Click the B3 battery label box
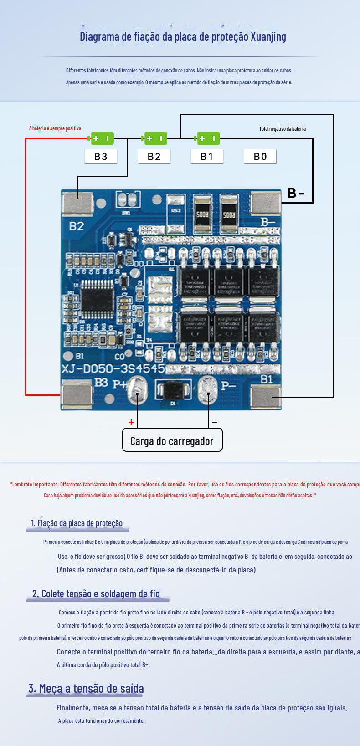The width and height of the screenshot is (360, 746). [101, 156]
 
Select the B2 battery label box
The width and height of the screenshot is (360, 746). [154, 156]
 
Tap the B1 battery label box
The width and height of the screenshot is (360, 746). [207, 156]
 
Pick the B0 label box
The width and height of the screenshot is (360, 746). [260, 156]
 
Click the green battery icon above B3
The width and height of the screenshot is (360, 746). [102, 138]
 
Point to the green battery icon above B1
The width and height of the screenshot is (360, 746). [208, 138]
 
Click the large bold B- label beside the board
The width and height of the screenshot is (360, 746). [296, 193]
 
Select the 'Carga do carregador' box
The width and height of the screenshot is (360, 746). [172, 440]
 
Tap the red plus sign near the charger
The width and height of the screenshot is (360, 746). [131, 422]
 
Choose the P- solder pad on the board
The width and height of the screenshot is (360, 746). [207, 391]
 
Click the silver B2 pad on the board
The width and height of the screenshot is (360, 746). [77, 203]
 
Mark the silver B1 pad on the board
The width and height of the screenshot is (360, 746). [266, 396]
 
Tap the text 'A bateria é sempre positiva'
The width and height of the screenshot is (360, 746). [55, 128]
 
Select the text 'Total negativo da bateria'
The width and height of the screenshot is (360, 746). [283, 129]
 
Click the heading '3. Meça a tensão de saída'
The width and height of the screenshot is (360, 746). [86, 688]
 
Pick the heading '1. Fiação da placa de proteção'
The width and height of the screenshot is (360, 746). [77, 523]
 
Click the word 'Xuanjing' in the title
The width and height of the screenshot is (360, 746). [268, 36]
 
